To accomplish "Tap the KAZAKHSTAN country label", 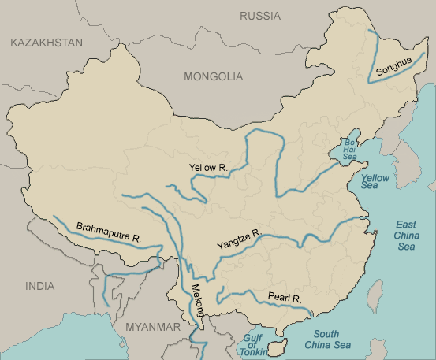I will coord(46,43).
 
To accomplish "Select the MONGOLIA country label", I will coord(213,76).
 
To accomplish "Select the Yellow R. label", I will coord(208,168).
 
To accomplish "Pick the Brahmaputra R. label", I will coord(109,232).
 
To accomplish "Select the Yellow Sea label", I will coord(375,184).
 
